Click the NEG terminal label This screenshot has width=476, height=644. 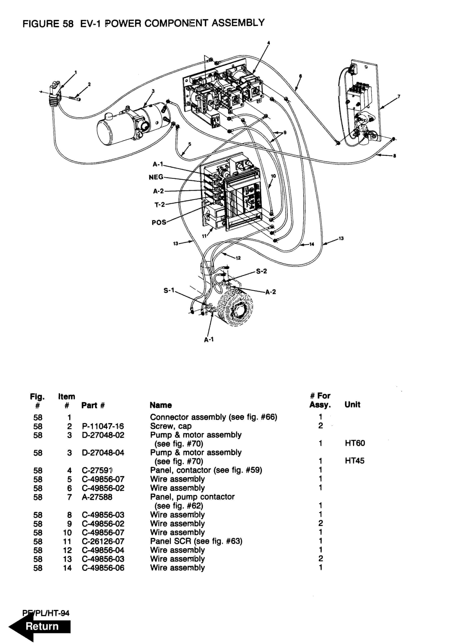156,177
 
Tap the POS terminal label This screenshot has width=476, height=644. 159,222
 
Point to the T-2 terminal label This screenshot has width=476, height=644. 160,205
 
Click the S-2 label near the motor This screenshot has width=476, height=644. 261,271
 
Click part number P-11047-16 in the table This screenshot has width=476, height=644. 103,426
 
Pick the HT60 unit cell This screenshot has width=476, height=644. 355,443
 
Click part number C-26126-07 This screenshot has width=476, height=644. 103,541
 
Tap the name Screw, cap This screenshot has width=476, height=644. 171,426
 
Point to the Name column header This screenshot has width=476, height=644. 160,405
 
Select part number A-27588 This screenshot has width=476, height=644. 97,497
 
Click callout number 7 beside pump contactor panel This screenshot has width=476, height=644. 399,97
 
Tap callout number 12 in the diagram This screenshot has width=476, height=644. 238,258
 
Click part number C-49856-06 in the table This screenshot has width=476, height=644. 103,568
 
